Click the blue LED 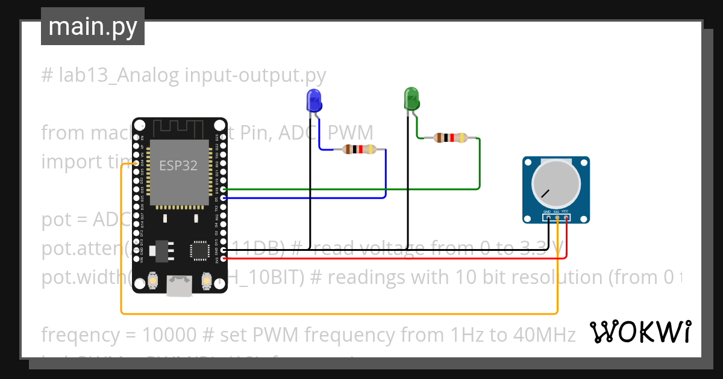(314, 100)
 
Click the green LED (412, 99)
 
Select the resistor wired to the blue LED (358, 149)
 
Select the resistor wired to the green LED (450, 138)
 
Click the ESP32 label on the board (178, 166)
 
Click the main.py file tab (93, 26)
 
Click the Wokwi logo (640, 331)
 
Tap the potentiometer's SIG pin (557, 217)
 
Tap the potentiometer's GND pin (548, 217)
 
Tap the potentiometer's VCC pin (566, 217)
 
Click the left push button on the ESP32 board (153, 280)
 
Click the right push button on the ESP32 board (206, 280)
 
